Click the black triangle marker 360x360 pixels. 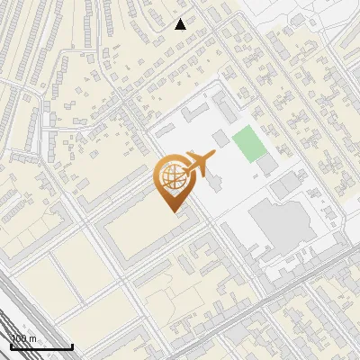click(x=181, y=23)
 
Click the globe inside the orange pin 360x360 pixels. click(x=171, y=177)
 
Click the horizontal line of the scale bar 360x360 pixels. click(x=40, y=346)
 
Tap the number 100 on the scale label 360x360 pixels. click(x=20, y=338)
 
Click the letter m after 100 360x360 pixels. click(x=32, y=339)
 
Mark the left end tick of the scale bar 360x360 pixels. click(x=10, y=345)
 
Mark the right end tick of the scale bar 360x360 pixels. click(x=72, y=345)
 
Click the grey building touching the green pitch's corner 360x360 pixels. click(x=267, y=166)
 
